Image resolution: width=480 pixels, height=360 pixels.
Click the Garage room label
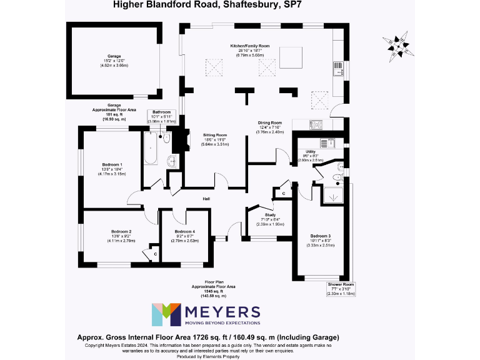114,56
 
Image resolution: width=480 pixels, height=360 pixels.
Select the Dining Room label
271,123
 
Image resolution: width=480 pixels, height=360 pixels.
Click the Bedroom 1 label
112,164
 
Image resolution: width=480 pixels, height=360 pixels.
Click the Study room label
270,214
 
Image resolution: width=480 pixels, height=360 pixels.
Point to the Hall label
206,199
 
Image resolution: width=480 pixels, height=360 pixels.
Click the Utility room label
310,152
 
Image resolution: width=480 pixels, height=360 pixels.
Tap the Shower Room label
341,284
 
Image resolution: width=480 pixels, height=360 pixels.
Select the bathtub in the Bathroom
151,149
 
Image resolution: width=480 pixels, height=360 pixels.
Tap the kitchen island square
290,55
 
